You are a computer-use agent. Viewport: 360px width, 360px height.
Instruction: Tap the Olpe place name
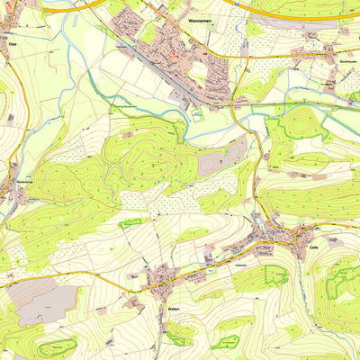point(12,42)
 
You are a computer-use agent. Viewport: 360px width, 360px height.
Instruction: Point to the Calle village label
point(313,246)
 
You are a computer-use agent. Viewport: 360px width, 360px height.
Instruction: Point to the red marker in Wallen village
point(166,276)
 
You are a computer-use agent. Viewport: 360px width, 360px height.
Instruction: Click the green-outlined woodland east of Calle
point(342,279)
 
